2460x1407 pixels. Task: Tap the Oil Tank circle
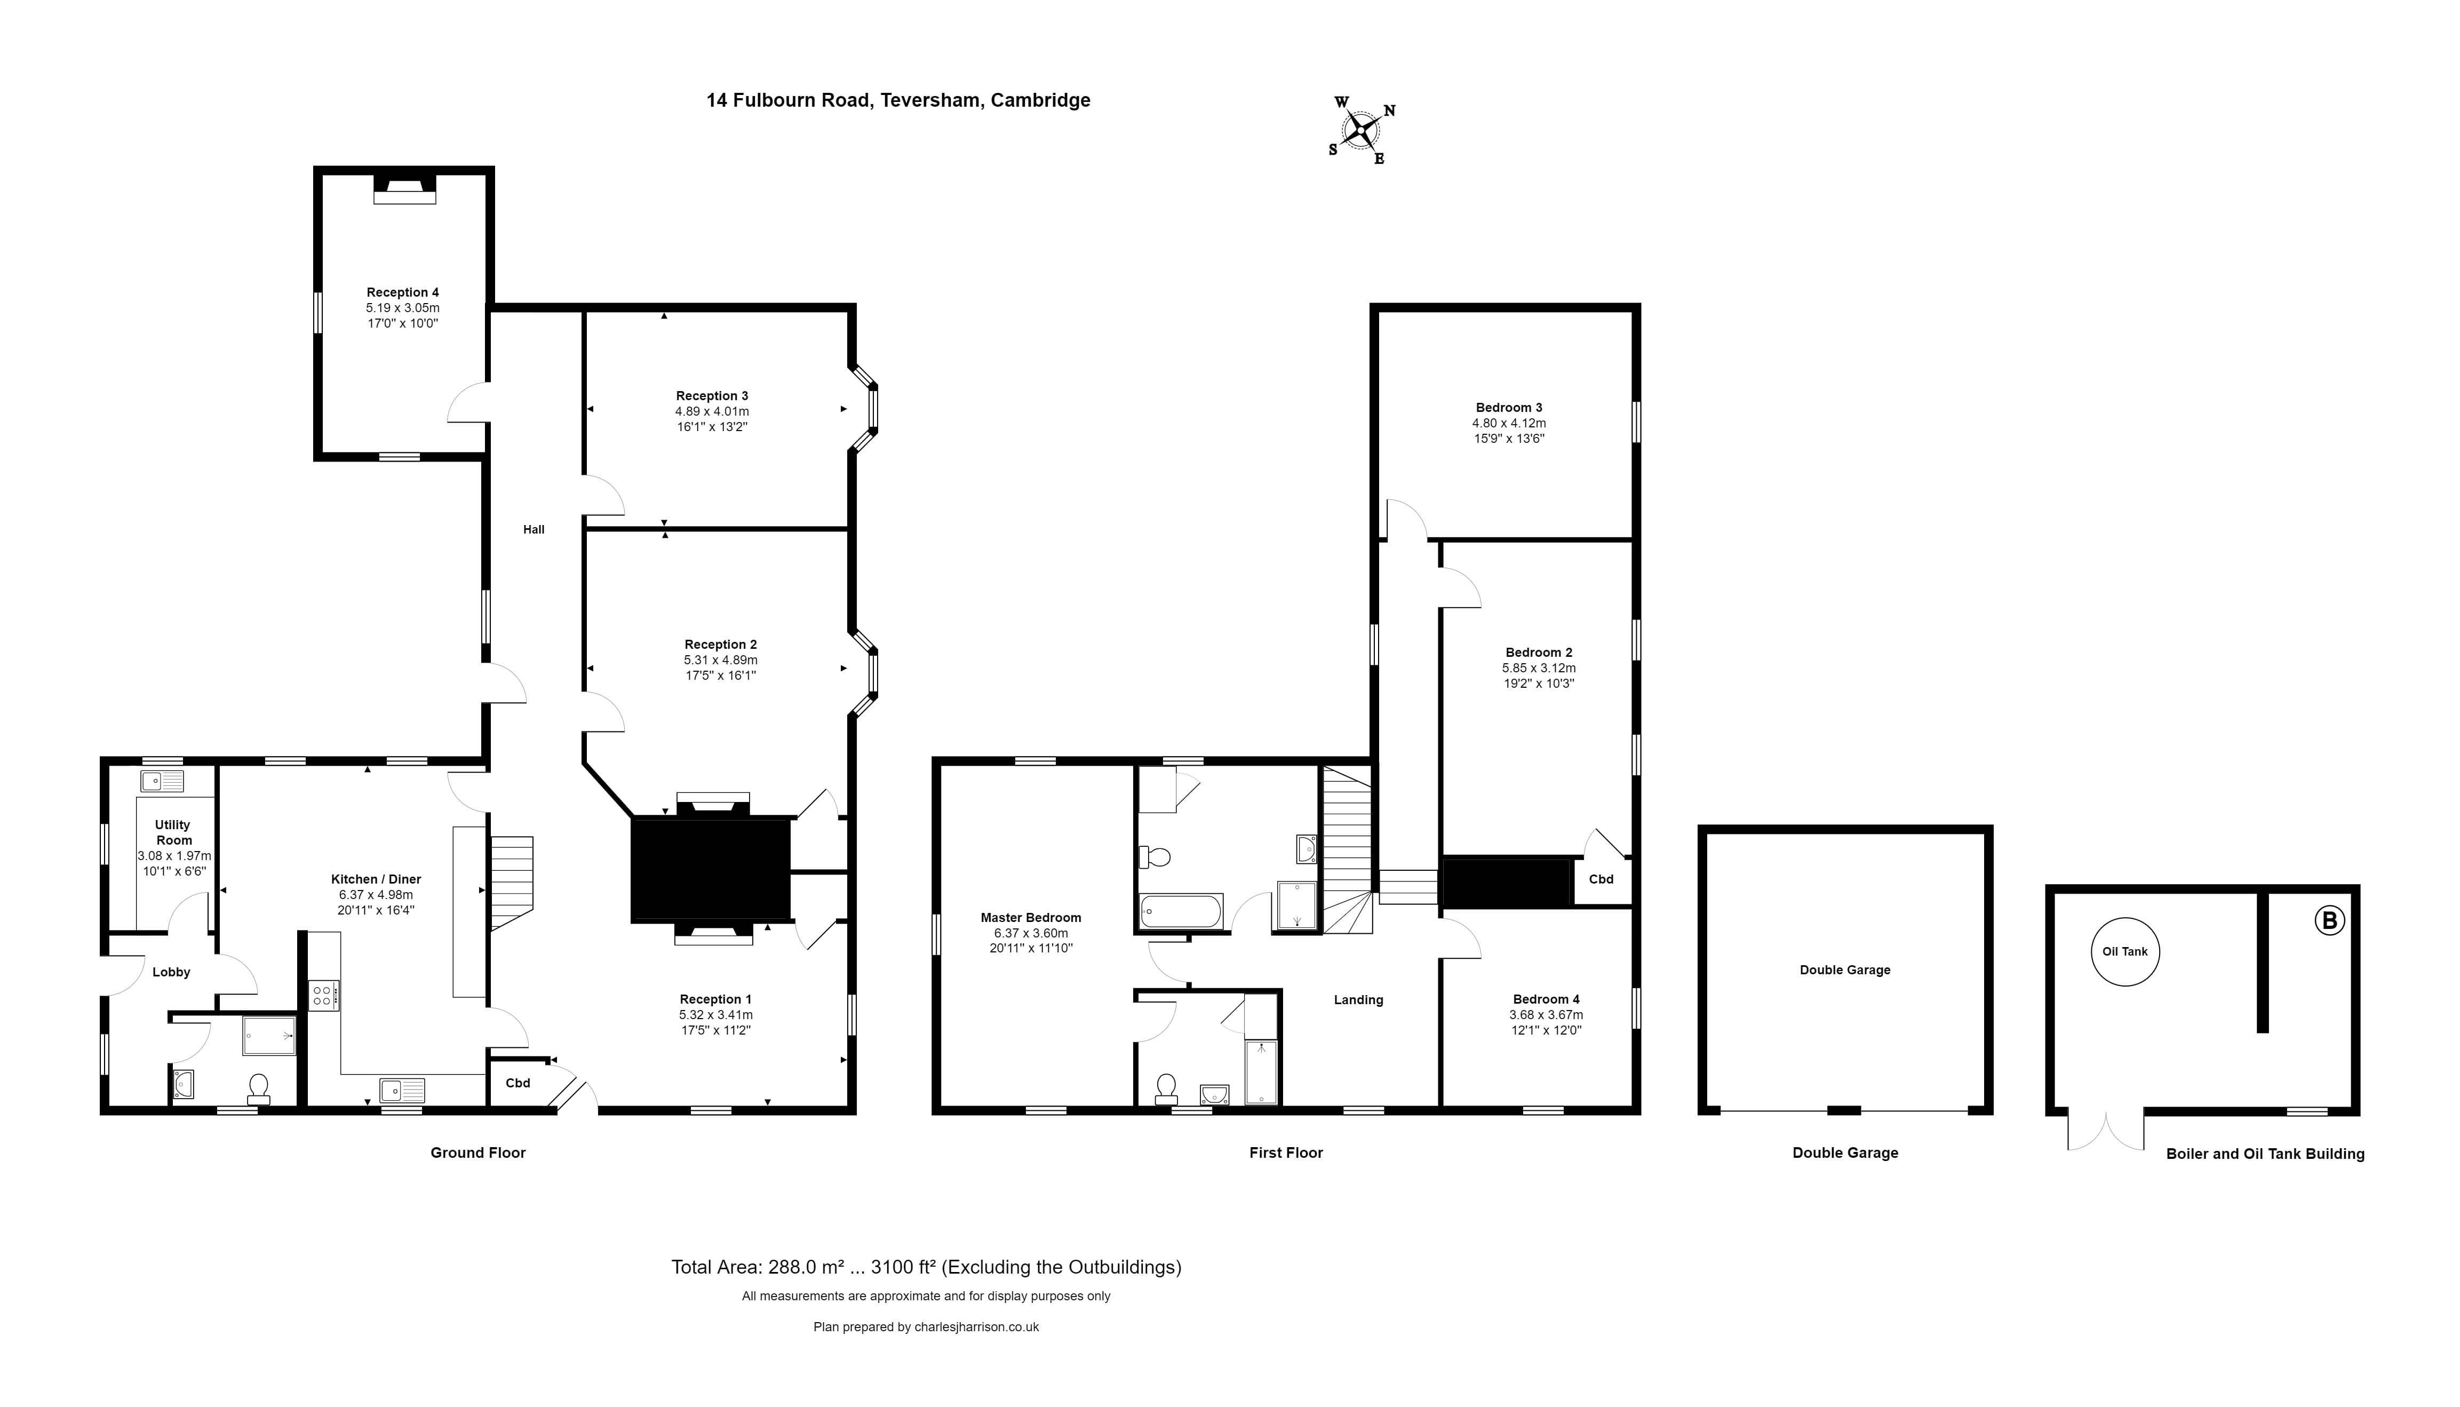pos(2125,952)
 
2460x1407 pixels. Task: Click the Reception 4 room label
pos(402,292)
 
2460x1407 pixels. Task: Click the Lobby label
pos(171,972)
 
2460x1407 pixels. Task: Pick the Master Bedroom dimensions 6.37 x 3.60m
pos(1030,934)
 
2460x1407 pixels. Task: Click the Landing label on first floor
pos(1358,1000)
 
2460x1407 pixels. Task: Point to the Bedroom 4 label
pos(1546,999)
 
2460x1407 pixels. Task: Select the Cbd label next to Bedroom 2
pos(1601,879)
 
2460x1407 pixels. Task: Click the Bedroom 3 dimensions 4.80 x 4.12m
pos(1508,423)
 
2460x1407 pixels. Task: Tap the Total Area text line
pos(926,1267)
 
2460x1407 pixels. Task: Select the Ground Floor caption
pos(477,1153)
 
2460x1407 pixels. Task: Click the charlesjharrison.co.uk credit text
pos(926,1327)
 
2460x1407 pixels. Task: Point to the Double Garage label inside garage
pos(1844,970)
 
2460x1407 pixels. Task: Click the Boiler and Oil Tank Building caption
pos(2265,1154)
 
